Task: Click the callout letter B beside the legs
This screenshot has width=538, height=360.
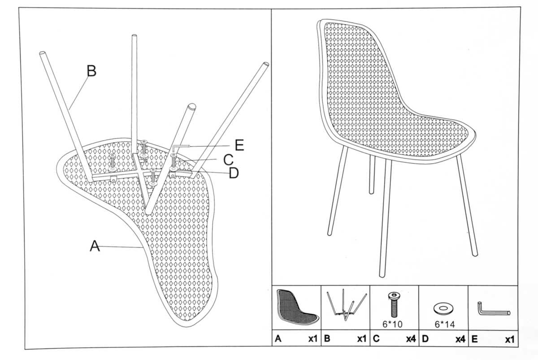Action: coord(91,71)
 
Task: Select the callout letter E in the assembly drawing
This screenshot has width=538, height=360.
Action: coord(239,145)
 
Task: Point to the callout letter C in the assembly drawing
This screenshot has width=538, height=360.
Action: coord(228,160)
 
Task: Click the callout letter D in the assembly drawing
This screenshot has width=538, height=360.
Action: coord(234,173)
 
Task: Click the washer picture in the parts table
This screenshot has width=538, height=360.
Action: coord(443,308)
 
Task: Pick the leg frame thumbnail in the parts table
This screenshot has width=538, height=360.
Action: coord(346,304)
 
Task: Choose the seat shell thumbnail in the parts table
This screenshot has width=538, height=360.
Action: coord(297,307)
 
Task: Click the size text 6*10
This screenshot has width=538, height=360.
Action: coord(392,324)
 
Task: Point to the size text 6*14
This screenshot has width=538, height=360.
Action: coord(445,325)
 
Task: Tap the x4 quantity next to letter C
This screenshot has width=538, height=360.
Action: coord(411,339)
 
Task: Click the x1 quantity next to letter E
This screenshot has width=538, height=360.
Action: coord(510,339)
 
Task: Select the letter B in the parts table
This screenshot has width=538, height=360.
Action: coord(327,338)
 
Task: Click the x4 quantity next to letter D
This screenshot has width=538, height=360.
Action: coord(461,339)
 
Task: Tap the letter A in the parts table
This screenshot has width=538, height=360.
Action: coord(278,338)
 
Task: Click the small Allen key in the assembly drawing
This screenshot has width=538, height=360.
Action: coord(181,148)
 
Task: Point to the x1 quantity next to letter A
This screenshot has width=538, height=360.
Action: coord(313,338)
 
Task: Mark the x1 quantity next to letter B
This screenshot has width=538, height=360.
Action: coord(362,338)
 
